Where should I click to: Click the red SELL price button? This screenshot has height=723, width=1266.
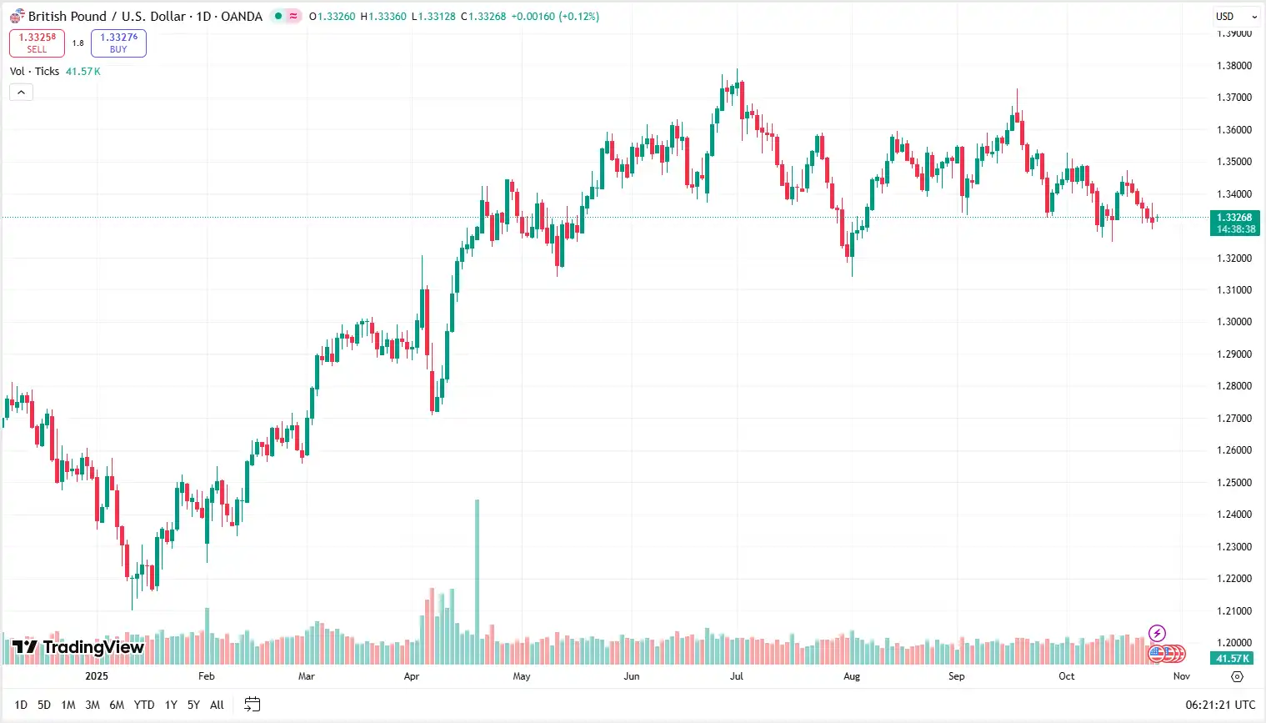(37, 43)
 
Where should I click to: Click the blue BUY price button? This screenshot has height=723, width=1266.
(118, 43)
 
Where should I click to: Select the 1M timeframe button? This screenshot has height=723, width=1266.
(68, 705)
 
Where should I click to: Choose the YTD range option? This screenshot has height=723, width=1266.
(144, 705)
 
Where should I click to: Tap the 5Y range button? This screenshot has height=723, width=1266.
(193, 705)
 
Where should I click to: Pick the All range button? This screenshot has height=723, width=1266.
(217, 705)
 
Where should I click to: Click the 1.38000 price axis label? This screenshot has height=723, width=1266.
(1233, 66)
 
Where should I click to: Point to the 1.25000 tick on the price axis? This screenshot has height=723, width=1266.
(1233, 483)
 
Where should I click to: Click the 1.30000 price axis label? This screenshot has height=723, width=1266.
(1233, 322)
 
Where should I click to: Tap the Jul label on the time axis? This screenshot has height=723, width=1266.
(736, 676)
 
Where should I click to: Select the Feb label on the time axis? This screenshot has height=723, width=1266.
(206, 676)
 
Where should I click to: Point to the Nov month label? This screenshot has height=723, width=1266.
(1181, 676)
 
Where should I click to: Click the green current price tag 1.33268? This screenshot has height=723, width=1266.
(1234, 223)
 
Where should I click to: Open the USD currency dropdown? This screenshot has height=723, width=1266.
(1235, 17)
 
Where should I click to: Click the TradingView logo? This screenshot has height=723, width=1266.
(78, 647)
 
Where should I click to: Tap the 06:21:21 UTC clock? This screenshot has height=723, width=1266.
(1220, 705)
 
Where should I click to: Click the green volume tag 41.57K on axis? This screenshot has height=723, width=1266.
(1233, 659)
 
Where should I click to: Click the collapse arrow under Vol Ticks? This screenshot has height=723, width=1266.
(21, 92)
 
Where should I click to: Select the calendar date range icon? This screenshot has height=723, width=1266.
(252, 705)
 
